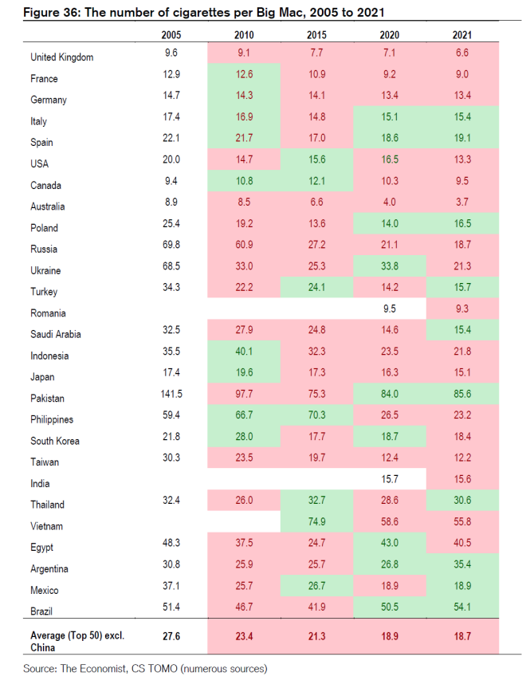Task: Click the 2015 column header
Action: click(315, 34)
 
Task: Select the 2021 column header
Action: click(461, 34)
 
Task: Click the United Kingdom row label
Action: click(61, 57)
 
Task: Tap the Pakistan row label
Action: click(47, 398)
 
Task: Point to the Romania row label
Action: click(48, 313)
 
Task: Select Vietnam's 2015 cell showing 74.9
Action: click(316, 525)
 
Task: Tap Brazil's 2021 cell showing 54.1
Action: click(461, 611)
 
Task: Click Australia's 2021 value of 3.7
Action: click(461, 206)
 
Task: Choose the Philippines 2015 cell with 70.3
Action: click(316, 419)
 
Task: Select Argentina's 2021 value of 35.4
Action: click(461, 568)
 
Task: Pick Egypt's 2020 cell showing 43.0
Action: click(388, 547)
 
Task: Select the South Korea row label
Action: click(55, 441)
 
